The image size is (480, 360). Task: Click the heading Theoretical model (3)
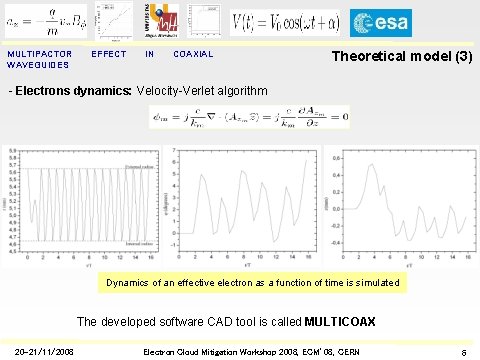tap(402, 58)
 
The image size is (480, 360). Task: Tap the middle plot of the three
tap(240, 205)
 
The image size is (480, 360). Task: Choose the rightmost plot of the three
tap(398, 205)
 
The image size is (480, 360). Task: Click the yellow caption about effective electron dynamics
tap(253, 283)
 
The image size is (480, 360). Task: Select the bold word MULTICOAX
tap(346, 322)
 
